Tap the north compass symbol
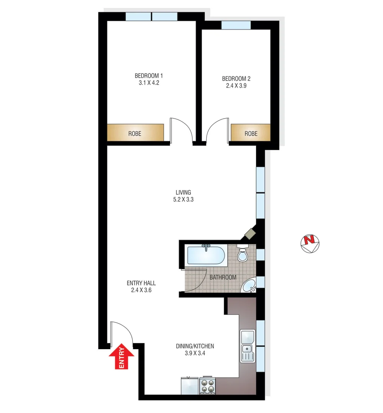coord(310,244)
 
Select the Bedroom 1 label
coord(148,75)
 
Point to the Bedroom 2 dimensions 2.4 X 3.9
coord(236,86)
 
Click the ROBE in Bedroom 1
coord(135,134)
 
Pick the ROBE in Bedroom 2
coord(251,134)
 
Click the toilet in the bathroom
coord(243,254)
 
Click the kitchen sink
coord(248,346)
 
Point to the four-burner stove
coord(207,385)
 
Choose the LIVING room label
coord(183,192)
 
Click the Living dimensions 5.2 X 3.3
coord(183,199)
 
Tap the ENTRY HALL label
coord(141,283)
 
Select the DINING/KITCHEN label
coord(195,346)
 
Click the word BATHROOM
coord(223,277)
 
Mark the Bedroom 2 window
coord(236,25)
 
